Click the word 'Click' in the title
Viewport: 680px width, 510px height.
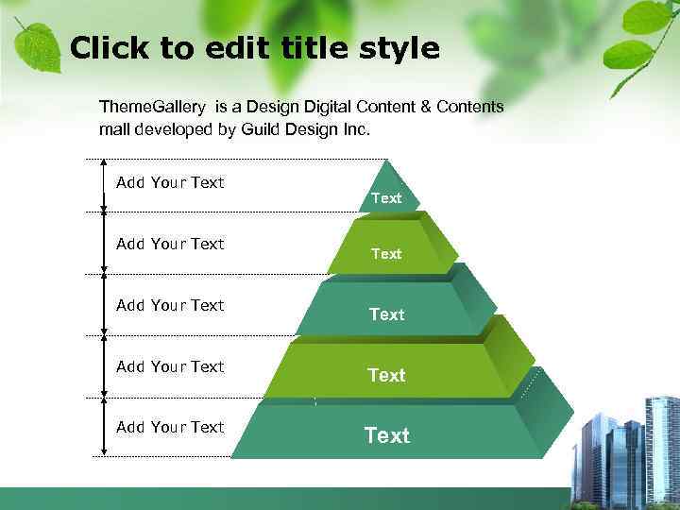106,48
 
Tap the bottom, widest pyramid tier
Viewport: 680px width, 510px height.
387,435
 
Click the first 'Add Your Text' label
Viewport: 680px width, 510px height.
170,182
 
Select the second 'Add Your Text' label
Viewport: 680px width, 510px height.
170,244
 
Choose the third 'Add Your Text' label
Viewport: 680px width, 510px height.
170,305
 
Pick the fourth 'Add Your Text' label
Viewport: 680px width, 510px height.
170,366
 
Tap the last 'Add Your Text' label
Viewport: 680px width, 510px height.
170,427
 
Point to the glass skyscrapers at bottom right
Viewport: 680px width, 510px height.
628,449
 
